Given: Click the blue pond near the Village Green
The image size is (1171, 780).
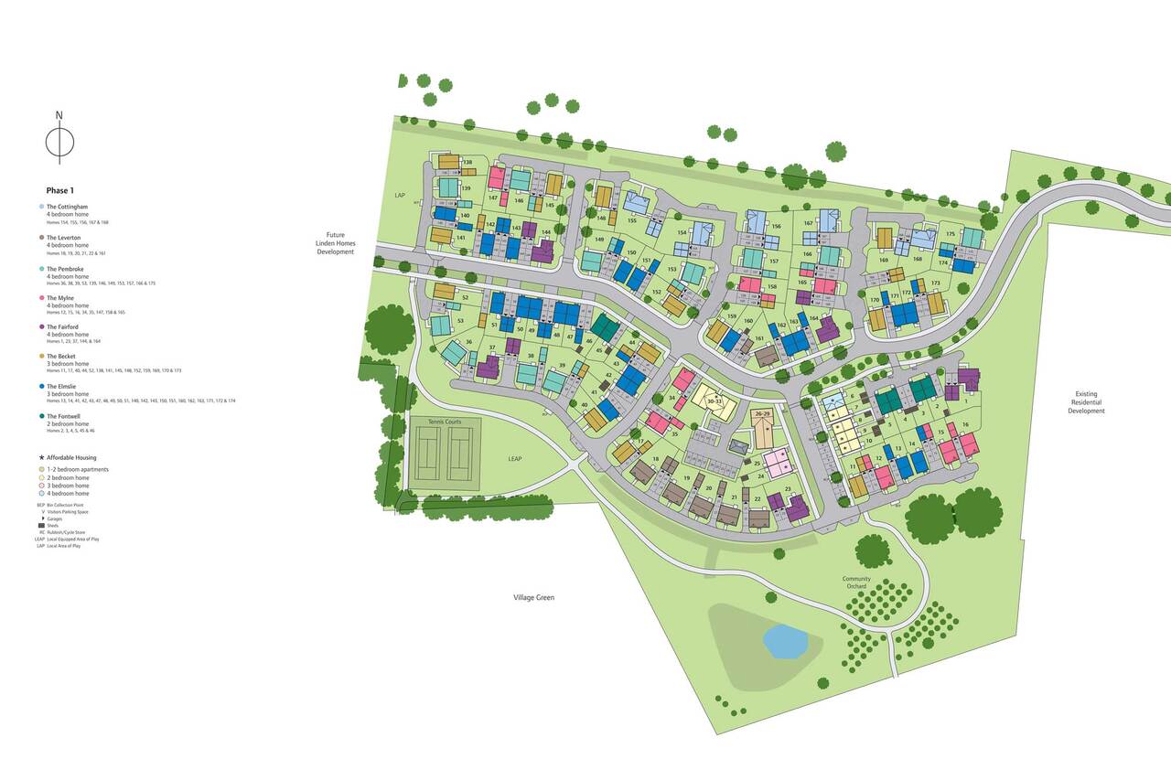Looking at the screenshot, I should (x=785, y=641).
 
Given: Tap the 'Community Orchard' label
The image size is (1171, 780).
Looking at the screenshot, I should (x=857, y=582).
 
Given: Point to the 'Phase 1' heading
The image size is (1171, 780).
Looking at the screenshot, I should (x=59, y=190).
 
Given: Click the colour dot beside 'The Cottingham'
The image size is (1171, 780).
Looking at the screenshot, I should (x=41, y=208).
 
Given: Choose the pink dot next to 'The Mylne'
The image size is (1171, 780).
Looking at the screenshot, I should (x=41, y=297).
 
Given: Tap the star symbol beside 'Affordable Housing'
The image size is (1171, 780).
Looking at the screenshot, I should (x=41, y=457).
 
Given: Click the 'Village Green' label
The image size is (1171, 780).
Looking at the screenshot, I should (x=533, y=597).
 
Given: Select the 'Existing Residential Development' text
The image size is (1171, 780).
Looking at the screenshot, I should (x=1087, y=403).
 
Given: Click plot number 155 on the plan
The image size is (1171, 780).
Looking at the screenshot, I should (x=632, y=220).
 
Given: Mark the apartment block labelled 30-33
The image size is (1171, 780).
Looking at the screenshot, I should (x=714, y=401).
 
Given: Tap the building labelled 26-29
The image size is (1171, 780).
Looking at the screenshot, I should (x=763, y=414).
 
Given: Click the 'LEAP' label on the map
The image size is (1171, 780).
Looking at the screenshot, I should (x=515, y=458).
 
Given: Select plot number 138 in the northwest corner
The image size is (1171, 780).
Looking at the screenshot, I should (x=467, y=163).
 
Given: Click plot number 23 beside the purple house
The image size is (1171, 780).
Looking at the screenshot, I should (x=788, y=490).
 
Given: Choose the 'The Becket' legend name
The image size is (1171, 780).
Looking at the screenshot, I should (x=62, y=357).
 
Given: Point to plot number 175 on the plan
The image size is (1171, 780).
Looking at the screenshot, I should (x=951, y=235).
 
